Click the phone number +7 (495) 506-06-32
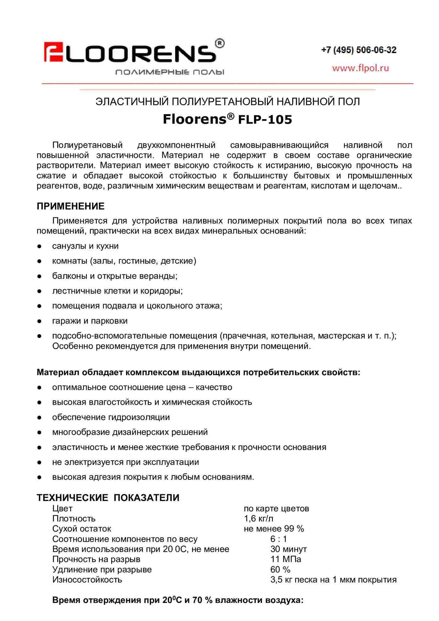[359, 50]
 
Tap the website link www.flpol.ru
[360, 68]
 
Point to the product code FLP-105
[265, 120]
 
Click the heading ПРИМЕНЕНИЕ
[70, 206]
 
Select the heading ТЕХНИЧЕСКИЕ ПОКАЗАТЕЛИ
[108, 497]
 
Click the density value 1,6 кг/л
[259, 519]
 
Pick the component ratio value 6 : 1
[278, 539]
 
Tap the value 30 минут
[288, 549]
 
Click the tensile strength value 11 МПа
[285, 559]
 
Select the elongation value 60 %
[280, 570]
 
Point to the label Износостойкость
[87, 580]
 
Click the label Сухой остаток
[81, 529]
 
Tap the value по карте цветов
[276, 509]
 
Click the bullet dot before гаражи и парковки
[39, 321]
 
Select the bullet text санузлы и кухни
[85, 246]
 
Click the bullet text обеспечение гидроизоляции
[111, 417]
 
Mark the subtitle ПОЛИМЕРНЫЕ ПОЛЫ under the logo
[170, 72]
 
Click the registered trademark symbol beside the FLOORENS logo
[219, 43]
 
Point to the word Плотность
[74, 519]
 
